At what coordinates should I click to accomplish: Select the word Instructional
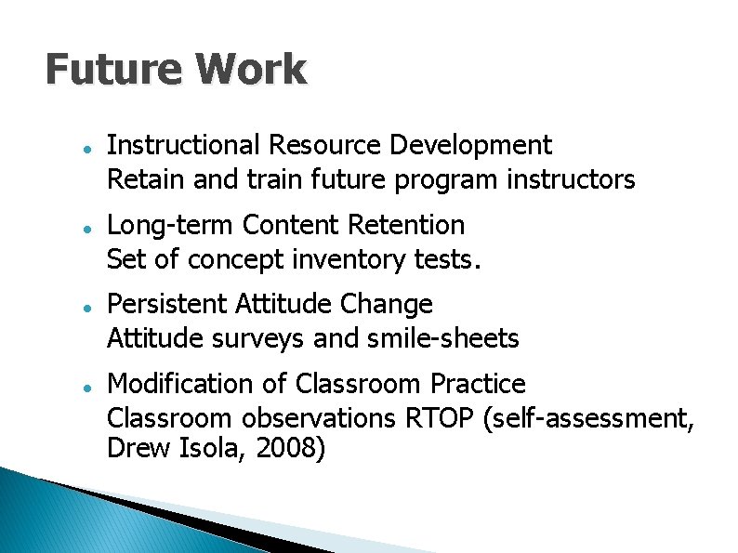click(x=184, y=145)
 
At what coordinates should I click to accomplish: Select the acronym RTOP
click(x=441, y=418)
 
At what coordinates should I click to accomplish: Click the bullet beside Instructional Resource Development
click(x=85, y=147)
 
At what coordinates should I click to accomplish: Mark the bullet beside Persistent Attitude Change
click(x=85, y=306)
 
